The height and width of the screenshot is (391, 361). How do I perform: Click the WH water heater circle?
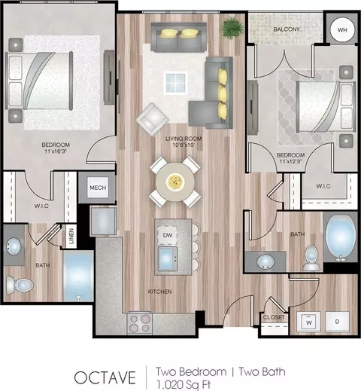(x=342, y=30)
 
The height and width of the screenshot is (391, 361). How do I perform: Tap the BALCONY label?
(x=287, y=29)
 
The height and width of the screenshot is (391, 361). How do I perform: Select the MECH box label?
(x=98, y=188)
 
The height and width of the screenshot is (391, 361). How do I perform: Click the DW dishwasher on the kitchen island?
(x=168, y=235)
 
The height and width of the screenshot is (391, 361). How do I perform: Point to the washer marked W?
(x=308, y=322)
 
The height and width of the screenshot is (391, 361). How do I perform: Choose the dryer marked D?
(x=337, y=322)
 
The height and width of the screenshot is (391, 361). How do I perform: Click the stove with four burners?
(x=139, y=323)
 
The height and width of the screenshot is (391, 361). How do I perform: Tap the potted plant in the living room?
(x=232, y=27)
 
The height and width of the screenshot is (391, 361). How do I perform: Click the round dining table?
(x=175, y=182)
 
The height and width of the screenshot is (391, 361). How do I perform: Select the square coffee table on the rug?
(x=176, y=83)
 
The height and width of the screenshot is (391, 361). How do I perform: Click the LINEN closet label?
(x=71, y=236)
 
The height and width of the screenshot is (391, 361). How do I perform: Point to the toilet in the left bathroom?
(x=20, y=285)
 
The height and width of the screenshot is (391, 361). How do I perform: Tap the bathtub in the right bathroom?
(x=341, y=237)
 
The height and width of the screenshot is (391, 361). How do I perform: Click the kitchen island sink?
(x=168, y=258)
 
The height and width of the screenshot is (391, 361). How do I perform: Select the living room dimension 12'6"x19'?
(x=184, y=145)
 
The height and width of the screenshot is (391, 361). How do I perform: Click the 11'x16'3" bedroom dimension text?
(x=56, y=151)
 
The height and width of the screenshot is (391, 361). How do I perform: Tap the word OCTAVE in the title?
(x=105, y=377)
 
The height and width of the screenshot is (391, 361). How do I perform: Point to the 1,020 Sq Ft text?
(x=183, y=385)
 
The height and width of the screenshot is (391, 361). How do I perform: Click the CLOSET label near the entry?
(x=274, y=317)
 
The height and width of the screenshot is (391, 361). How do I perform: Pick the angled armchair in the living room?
(x=152, y=120)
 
